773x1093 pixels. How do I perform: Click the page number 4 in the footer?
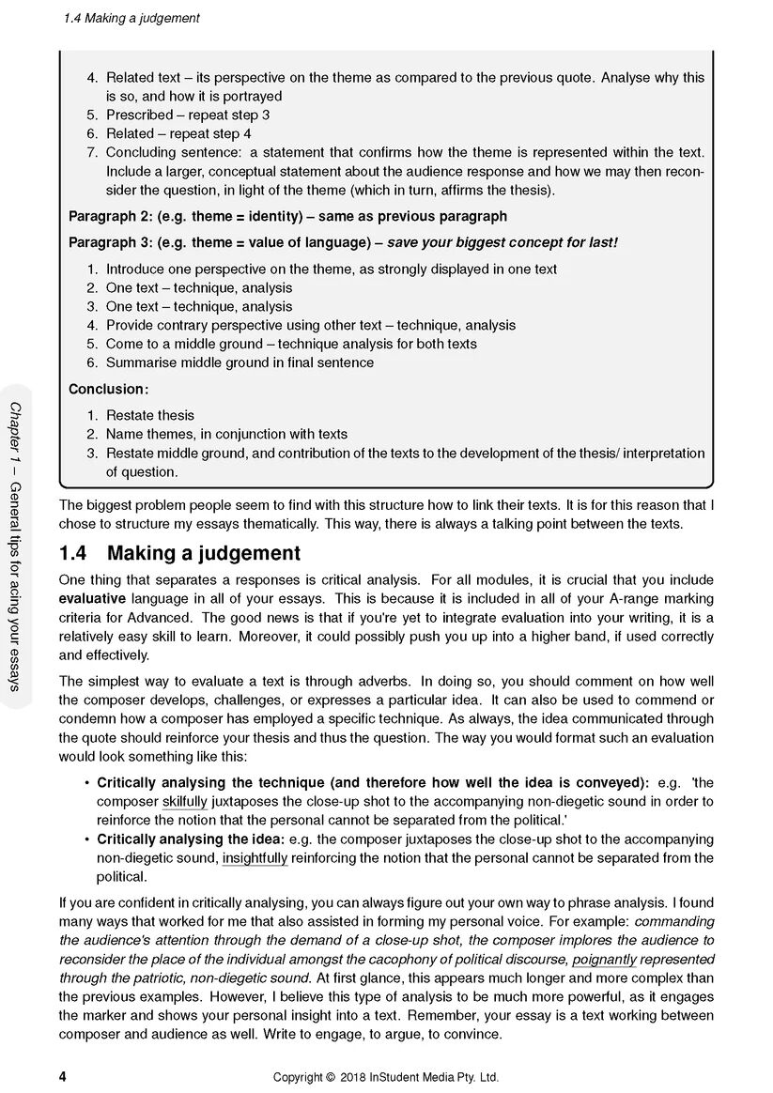[x=63, y=1076]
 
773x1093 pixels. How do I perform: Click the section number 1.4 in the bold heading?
[x=74, y=553]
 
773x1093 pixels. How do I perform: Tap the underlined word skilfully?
[x=184, y=801]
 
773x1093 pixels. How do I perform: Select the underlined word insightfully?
[x=255, y=857]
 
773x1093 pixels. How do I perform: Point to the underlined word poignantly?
[x=604, y=959]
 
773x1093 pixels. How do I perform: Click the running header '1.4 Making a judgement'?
[x=131, y=18]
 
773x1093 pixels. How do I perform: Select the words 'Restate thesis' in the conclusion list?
[x=150, y=415]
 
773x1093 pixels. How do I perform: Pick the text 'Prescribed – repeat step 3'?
[x=188, y=115]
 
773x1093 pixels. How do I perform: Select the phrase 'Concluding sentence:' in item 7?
[x=173, y=152]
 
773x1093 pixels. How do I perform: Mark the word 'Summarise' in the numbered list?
[x=139, y=362]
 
